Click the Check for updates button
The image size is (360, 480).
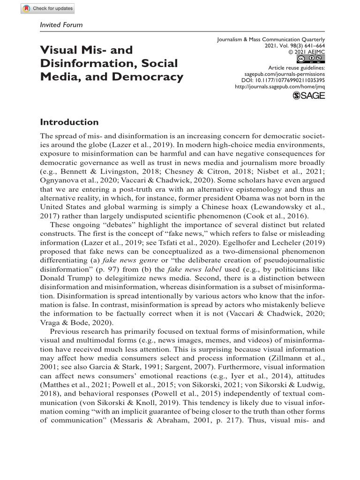pos(47,8)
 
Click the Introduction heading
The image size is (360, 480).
pos(69,122)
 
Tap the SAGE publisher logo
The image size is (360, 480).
pos(308,95)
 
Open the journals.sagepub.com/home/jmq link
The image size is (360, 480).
pos(279,86)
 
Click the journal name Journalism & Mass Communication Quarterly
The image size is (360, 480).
pos(271,40)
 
